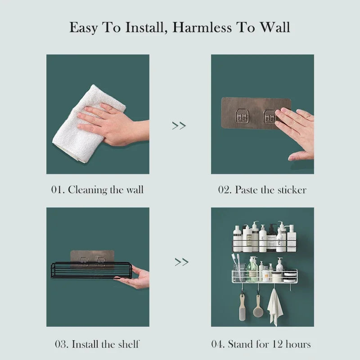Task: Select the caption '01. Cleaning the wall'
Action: (x=97, y=189)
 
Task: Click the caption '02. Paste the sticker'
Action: (x=262, y=189)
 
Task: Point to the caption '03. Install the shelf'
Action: (x=97, y=344)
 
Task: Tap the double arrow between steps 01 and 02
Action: (x=179, y=126)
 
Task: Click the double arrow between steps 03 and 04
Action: (x=181, y=261)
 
